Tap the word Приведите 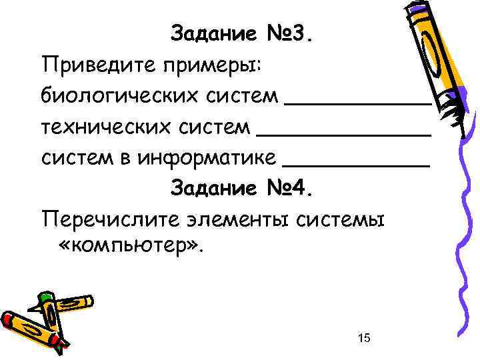(89, 65)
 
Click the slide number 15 (364, 339)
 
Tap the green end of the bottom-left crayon (46, 297)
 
